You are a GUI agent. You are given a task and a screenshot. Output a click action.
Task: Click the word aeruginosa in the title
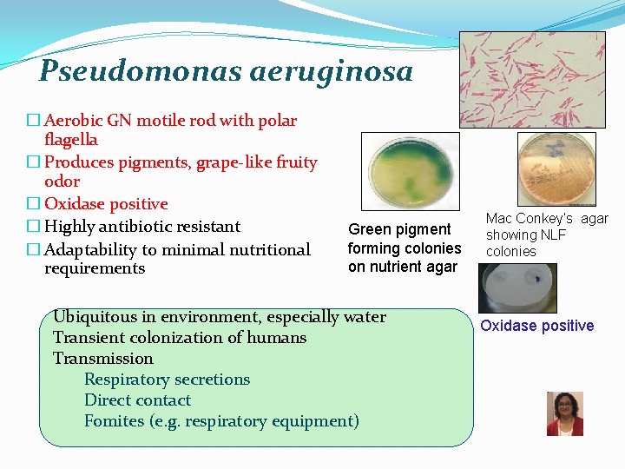pyautogui.click(x=331, y=70)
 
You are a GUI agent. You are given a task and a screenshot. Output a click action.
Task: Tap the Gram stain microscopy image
pyautogui.click(x=531, y=80)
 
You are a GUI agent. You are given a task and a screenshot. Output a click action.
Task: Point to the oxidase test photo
pyautogui.click(x=518, y=287)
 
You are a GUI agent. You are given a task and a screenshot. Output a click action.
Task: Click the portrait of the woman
pyautogui.click(x=564, y=413)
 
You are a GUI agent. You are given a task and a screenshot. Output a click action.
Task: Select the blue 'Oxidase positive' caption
pyautogui.click(x=537, y=326)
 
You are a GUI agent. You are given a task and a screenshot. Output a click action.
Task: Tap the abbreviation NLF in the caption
pyautogui.click(x=552, y=235)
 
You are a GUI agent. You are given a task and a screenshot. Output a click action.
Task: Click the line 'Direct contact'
pyautogui.click(x=137, y=400)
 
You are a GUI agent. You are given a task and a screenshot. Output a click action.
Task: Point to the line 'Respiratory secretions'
pyautogui.click(x=167, y=380)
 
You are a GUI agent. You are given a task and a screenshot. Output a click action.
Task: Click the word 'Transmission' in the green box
pyautogui.click(x=102, y=359)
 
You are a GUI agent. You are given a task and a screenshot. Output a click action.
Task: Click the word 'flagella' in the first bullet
pyautogui.click(x=70, y=140)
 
